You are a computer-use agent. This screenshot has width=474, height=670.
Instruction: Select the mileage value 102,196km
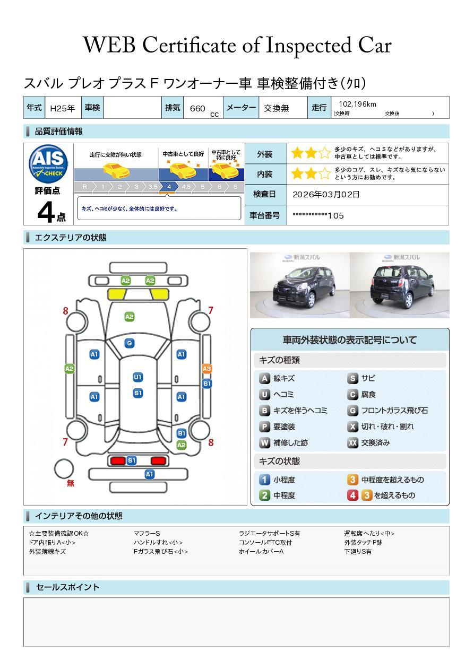(357, 105)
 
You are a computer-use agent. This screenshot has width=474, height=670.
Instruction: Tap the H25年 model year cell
(62, 108)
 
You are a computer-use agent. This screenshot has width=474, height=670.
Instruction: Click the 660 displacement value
(197, 108)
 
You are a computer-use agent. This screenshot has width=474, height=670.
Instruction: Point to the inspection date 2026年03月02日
(326, 194)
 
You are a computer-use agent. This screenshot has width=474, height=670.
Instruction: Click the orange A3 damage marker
(207, 369)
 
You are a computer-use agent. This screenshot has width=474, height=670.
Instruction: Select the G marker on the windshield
(129, 343)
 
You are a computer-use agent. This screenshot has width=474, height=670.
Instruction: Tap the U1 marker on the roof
(137, 377)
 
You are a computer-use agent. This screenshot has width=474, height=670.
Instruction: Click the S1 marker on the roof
(137, 393)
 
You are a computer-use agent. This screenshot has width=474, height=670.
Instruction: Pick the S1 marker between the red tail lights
(132, 460)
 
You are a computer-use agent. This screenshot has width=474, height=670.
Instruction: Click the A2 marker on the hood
(129, 317)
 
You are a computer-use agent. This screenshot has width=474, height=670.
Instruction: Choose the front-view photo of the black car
(300, 285)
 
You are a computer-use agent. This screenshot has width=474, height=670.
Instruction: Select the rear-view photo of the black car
(399, 285)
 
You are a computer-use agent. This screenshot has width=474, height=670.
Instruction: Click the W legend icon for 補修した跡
(264, 442)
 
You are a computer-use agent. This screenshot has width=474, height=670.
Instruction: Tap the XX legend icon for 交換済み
(353, 442)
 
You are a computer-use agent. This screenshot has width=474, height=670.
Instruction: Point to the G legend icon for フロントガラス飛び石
(353, 411)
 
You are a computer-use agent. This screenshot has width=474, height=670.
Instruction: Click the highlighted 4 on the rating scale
(168, 187)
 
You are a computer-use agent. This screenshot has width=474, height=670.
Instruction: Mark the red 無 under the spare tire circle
(71, 483)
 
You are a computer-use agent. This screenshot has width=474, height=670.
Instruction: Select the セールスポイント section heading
(67, 587)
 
